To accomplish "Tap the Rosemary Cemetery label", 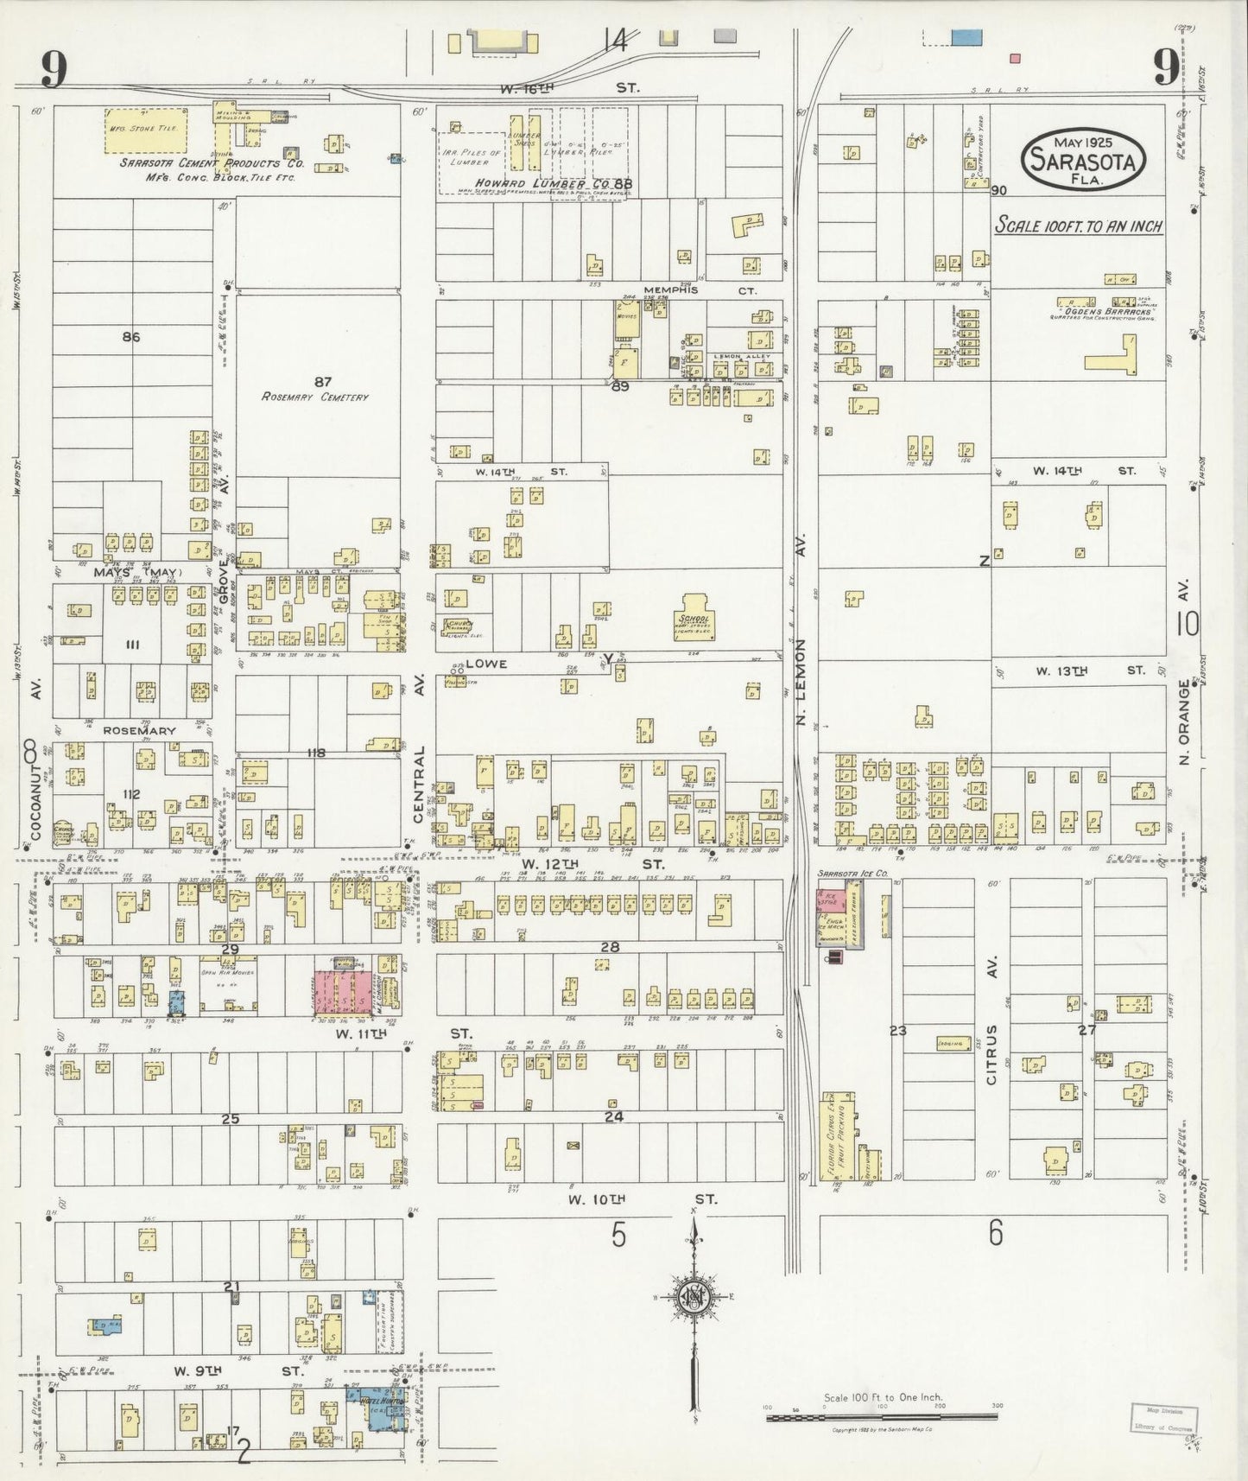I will click(x=315, y=397).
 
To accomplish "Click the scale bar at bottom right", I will click(x=881, y=1417).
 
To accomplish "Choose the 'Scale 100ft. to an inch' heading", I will click(x=1078, y=226).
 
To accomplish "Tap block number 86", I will click(x=130, y=338).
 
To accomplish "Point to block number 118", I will click(x=316, y=753).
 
